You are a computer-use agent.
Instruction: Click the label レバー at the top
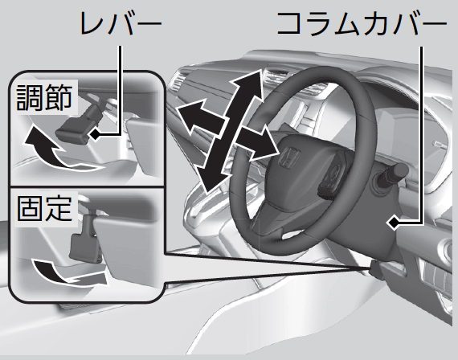(121, 24)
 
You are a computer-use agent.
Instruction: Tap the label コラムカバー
(362, 23)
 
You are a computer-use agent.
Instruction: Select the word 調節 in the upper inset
(44, 97)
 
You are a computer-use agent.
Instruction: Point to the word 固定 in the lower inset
(44, 209)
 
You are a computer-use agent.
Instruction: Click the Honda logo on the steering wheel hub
(289, 157)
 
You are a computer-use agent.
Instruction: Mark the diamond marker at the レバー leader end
(96, 134)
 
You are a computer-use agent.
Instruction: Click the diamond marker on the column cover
(394, 223)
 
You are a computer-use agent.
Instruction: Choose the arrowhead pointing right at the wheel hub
(264, 143)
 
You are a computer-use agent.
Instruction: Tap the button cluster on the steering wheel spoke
(333, 181)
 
